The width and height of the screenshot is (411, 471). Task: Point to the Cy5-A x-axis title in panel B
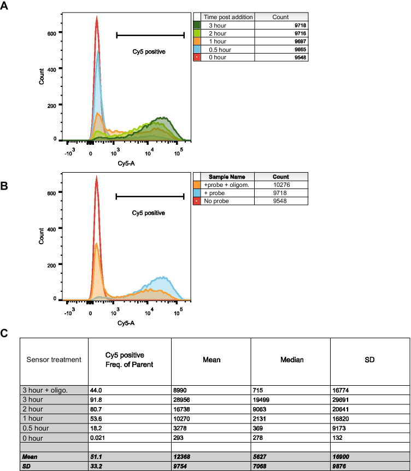(126, 322)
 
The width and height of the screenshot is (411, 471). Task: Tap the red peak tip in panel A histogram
(97, 17)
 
